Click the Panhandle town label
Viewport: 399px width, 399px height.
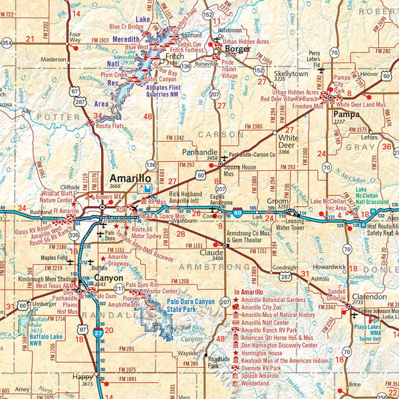click(199, 152)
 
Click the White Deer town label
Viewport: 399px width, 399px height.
click(286, 140)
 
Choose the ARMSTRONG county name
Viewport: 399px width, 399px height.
click(217, 267)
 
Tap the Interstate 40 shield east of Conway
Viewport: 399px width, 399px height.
click(237, 215)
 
